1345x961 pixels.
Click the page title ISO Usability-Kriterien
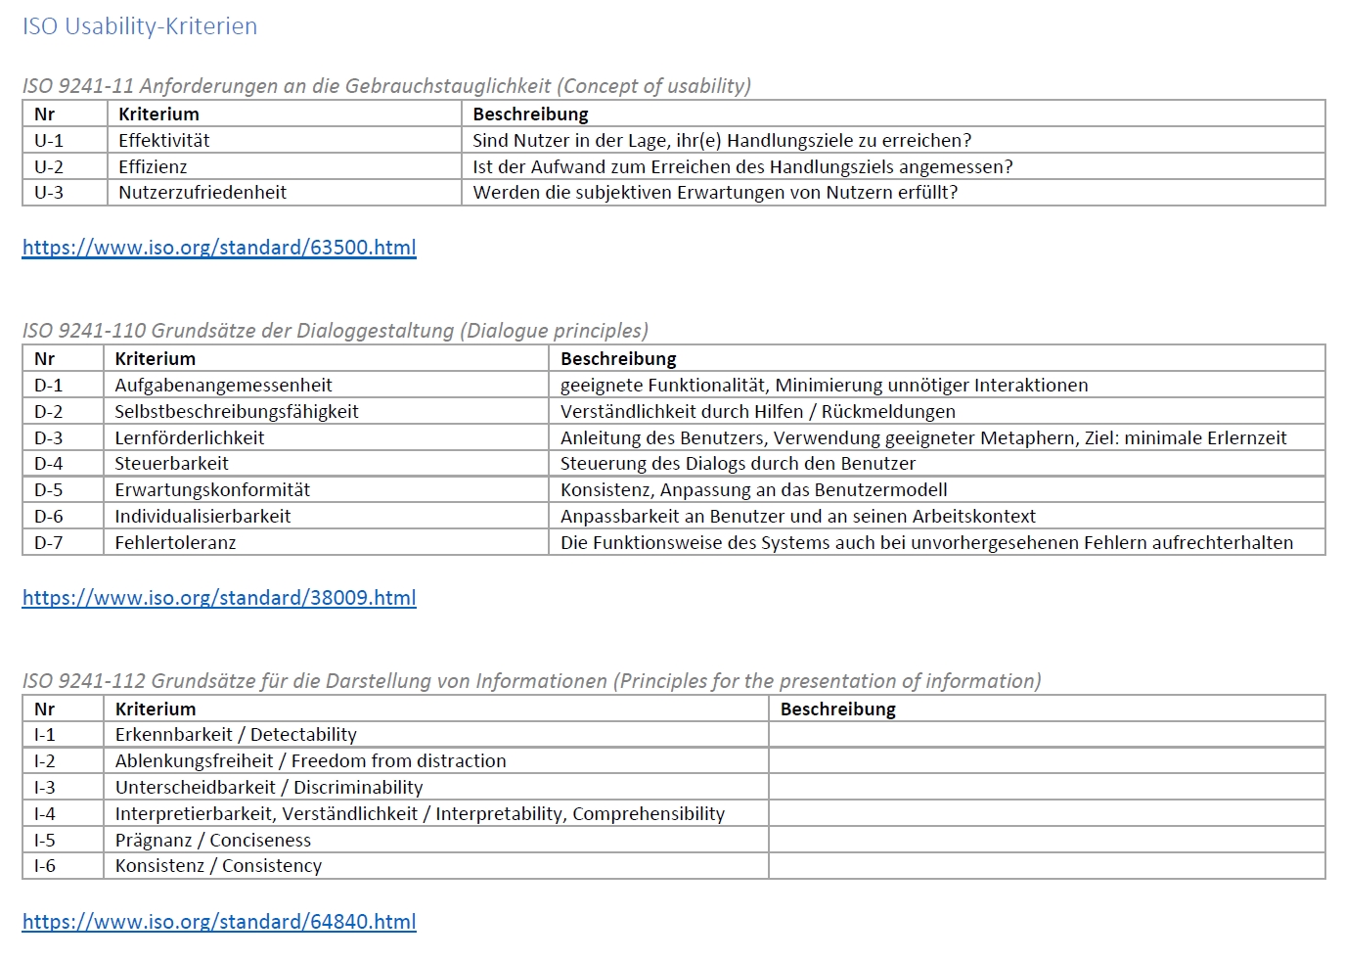point(139,26)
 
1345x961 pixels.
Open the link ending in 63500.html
point(219,248)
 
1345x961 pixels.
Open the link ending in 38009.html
point(219,598)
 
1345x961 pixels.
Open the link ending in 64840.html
point(219,922)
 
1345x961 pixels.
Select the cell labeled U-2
point(49,167)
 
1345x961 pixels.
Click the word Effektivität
point(164,141)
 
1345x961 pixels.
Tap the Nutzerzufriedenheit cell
point(202,193)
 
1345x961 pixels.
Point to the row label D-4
point(49,464)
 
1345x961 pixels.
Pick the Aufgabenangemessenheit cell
point(223,386)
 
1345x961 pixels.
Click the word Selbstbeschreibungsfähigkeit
point(237,412)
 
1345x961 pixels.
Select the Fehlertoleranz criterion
point(175,543)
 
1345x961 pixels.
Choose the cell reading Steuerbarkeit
point(171,464)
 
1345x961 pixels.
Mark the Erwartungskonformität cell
point(212,490)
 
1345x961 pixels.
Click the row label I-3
point(45,788)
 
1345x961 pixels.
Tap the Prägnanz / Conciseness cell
point(213,841)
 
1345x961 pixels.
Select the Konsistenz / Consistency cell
point(218,866)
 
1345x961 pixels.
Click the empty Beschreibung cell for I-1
point(1047,735)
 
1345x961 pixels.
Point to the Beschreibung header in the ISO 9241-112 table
point(838,709)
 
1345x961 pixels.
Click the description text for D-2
point(758,412)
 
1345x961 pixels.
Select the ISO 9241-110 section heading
point(336,331)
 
